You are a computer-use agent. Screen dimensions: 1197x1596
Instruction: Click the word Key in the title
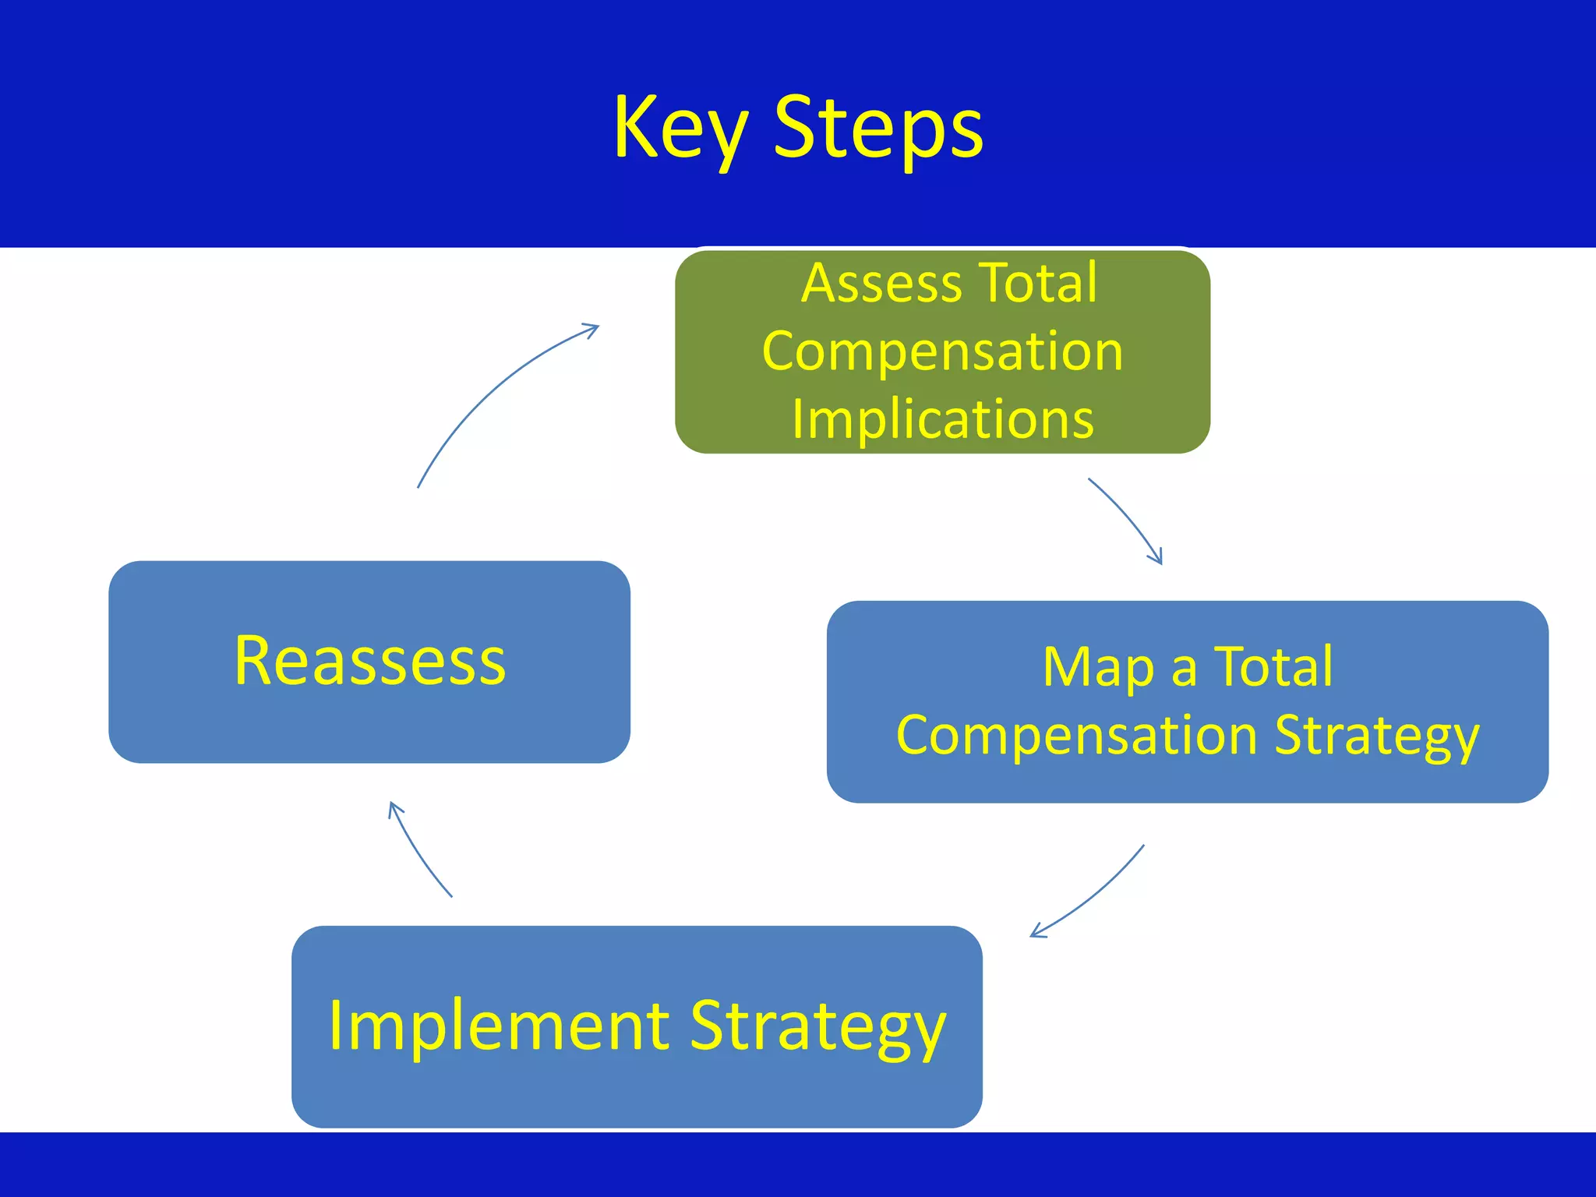680,129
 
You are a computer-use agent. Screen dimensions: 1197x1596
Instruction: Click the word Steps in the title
878,129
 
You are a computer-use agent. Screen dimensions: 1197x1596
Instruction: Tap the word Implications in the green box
943,419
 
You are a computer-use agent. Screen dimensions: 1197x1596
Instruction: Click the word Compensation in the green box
943,351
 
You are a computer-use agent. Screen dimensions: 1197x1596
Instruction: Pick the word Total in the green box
1038,283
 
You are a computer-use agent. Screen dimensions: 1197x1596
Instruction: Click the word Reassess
370,661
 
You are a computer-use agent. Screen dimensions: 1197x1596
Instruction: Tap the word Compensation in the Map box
1077,736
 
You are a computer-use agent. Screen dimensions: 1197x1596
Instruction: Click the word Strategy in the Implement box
818,1027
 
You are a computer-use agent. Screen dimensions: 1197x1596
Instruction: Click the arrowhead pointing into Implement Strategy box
1037,931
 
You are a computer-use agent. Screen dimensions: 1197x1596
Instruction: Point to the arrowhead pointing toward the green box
591,328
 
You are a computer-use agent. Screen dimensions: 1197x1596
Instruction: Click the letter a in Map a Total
1184,669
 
